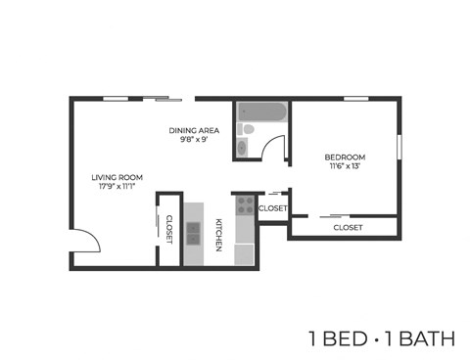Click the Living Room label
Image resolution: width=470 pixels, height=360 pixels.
click(117, 177)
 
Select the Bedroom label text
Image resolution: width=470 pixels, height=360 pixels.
click(346, 157)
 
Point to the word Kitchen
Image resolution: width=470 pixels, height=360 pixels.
click(219, 234)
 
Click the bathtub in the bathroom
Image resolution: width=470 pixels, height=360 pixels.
click(260, 112)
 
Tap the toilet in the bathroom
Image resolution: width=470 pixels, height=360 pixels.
click(248, 129)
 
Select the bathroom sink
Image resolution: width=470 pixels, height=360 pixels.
click(242, 149)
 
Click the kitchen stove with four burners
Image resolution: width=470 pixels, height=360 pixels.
click(243, 205)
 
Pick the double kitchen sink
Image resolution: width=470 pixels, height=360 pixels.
click(193, 234)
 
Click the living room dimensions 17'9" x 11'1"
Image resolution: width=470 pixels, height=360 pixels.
click(117, 187)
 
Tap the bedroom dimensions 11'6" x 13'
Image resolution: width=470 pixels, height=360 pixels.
click(346, 167)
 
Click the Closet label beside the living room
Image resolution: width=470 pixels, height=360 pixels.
click(168, 230)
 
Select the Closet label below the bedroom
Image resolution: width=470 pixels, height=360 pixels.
click(348, 227)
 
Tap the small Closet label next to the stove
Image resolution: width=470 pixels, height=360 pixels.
click(273, 208)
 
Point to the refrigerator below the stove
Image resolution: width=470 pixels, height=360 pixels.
click(243, 253)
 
